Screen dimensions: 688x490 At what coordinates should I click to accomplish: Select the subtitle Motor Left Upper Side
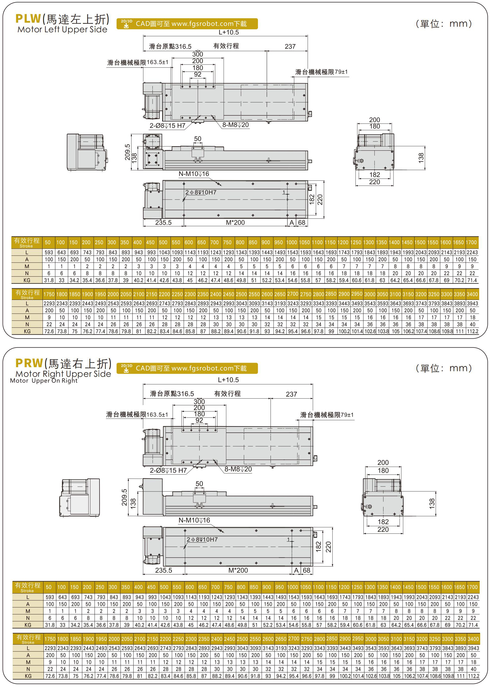[62, 29]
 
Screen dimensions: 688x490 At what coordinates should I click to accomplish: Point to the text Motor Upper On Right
[44, 381]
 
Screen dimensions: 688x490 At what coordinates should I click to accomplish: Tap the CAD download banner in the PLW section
[187, 23]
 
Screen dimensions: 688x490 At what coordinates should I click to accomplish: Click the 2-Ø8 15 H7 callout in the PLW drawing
[168, 126]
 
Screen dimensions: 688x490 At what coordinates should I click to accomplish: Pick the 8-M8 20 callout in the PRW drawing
[238, 469]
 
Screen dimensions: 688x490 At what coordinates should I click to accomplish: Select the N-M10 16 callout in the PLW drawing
[194, 174]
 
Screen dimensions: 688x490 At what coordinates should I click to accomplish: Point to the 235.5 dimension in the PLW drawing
[163, 223]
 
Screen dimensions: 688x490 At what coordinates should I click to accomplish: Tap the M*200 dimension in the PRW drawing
[238, 570]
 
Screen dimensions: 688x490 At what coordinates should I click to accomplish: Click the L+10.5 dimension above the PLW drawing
[228, 32]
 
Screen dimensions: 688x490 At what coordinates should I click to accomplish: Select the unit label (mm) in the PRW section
[444, 368]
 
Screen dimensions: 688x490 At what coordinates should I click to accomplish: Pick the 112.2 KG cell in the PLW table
[473, 331]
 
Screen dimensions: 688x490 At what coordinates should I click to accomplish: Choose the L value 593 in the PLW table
[49, 252]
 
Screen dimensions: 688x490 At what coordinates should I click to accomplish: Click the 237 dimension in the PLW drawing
[290, 46]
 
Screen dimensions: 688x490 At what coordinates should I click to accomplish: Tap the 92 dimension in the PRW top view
[199, 420]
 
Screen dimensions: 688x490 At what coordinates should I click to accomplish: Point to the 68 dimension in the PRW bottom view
[307, 570]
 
